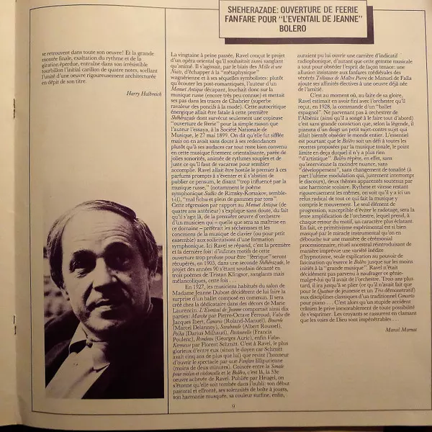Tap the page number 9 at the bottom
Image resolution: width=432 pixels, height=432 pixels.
[x=235, y=408]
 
